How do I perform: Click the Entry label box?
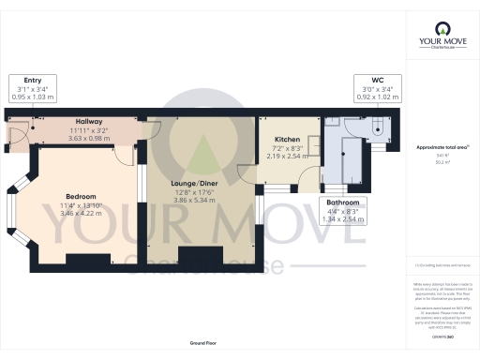click(31, 89)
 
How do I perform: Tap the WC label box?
click(379, 89)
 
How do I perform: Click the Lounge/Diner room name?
click(196, 183)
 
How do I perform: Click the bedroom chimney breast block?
click(82, 259)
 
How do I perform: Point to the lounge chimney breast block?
click(197, 255)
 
